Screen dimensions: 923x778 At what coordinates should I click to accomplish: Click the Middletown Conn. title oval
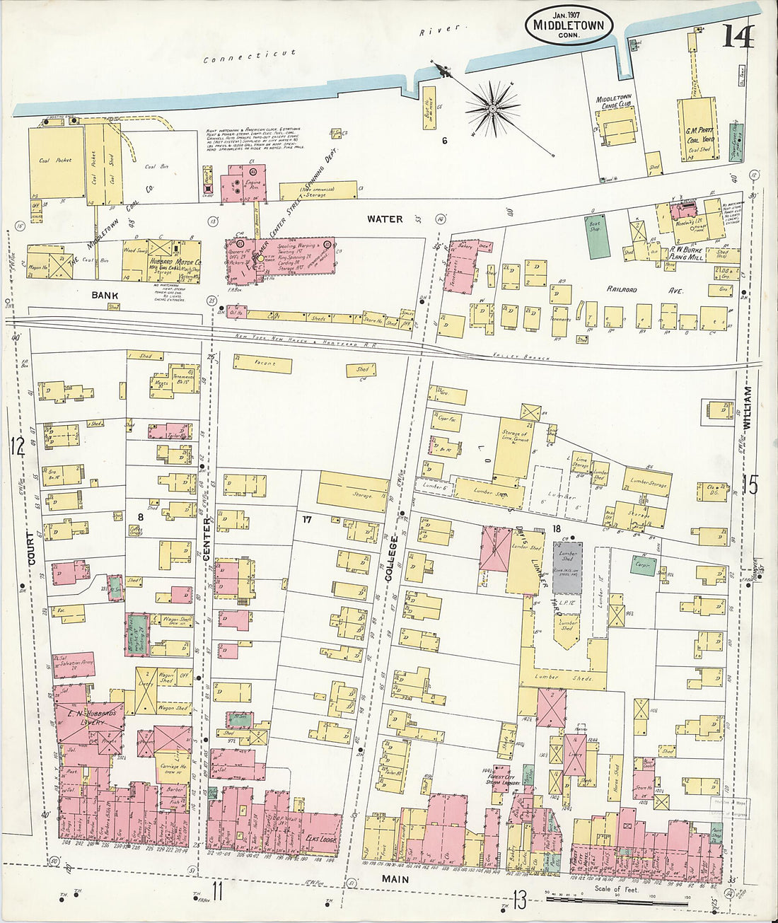click(569, 26)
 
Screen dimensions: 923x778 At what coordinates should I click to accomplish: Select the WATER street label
click(385, 219)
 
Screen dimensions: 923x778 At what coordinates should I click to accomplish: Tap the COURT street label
click(32, 547)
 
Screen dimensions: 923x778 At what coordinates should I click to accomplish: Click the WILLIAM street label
click(748, 408)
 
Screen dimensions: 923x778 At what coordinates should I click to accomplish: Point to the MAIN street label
click(396, 878)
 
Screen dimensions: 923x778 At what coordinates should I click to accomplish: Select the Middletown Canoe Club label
click(614, 101)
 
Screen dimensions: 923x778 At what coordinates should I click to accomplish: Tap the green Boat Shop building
click(598, 236)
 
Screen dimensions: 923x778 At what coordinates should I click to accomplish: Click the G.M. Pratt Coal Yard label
click(699, 134)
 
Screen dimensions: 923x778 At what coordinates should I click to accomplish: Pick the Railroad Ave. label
click(621, 289)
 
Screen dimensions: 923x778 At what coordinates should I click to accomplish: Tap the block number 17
click(306, 520)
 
